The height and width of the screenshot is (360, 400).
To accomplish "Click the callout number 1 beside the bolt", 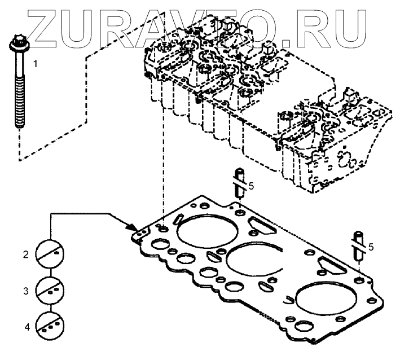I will click(35, 64).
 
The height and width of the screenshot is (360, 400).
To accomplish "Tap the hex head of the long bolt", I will click(17, 43).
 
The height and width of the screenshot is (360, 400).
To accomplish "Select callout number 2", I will click(25, 255).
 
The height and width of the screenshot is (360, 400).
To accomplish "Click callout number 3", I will click(25, 292).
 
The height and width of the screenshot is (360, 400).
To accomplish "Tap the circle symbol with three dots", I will click(50, 326).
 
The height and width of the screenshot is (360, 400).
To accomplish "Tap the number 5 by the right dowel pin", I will click(371, 247).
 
